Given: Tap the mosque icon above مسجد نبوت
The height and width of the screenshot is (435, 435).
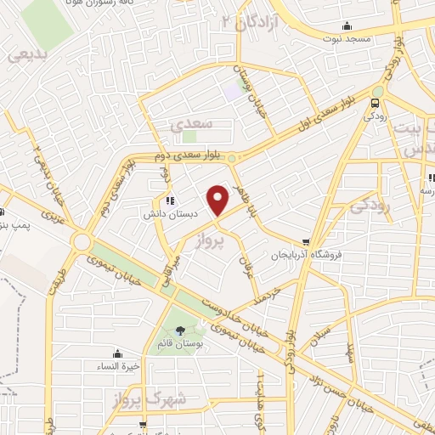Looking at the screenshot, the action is coord(346,25).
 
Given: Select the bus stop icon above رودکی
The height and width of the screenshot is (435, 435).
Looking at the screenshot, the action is coord(376,103).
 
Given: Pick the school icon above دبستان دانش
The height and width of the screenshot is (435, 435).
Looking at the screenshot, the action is coord(171,201).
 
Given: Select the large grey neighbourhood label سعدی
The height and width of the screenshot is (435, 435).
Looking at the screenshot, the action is coord(189,124).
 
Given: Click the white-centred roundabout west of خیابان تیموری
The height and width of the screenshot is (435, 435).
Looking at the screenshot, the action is coord(82,241).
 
